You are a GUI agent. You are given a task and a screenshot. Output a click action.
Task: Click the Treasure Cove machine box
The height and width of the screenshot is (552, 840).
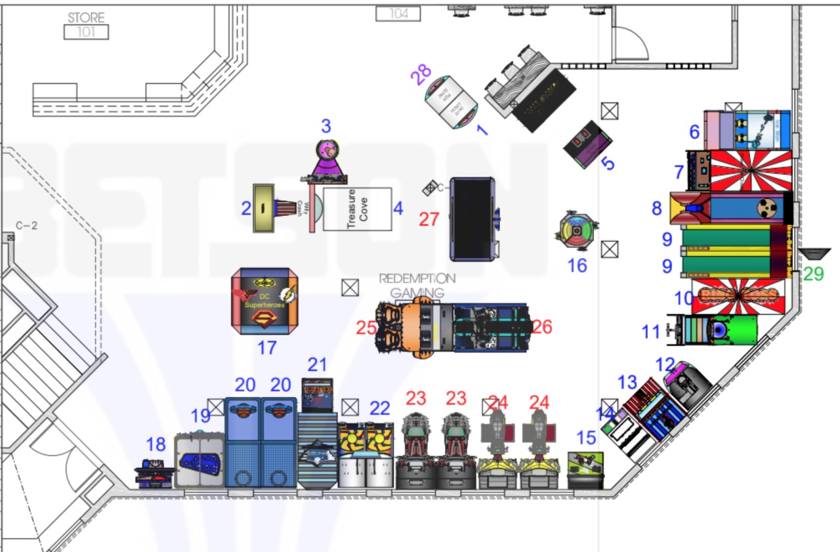tap(357, 209)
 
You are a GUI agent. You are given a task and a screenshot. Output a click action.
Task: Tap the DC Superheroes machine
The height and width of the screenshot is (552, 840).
tap(264, 301)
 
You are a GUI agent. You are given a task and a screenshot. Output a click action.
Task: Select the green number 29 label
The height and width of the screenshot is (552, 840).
tap(813, 273)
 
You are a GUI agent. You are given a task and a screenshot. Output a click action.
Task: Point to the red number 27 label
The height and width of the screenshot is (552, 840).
tap(429, 219)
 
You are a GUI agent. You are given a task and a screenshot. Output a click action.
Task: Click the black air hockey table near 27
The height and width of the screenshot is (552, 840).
tap(472, 219)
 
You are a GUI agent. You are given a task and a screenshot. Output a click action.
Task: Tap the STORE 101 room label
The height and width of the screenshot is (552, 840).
tap(86, 25)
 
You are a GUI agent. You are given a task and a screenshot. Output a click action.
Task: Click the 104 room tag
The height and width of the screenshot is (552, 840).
tap(398, 13)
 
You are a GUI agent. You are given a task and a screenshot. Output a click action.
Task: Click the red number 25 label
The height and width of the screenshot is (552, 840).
tap(366, 328)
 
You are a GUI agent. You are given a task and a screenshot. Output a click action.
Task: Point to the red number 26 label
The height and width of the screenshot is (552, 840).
tap(542, 326)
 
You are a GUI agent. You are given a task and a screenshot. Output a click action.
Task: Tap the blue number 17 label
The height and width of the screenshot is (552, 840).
tap(266, 347)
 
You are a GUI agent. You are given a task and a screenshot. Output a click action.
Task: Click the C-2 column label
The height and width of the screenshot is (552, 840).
tap(27, 226)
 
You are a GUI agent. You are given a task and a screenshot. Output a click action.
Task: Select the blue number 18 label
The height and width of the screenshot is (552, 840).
tap(156, 444)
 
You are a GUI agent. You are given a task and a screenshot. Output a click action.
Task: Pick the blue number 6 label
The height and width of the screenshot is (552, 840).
tap(694, 132)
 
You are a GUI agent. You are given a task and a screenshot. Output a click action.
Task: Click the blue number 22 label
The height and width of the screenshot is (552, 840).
tap(379, 408)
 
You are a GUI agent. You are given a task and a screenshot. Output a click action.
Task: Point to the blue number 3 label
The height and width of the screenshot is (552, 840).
tap(325, 126)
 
